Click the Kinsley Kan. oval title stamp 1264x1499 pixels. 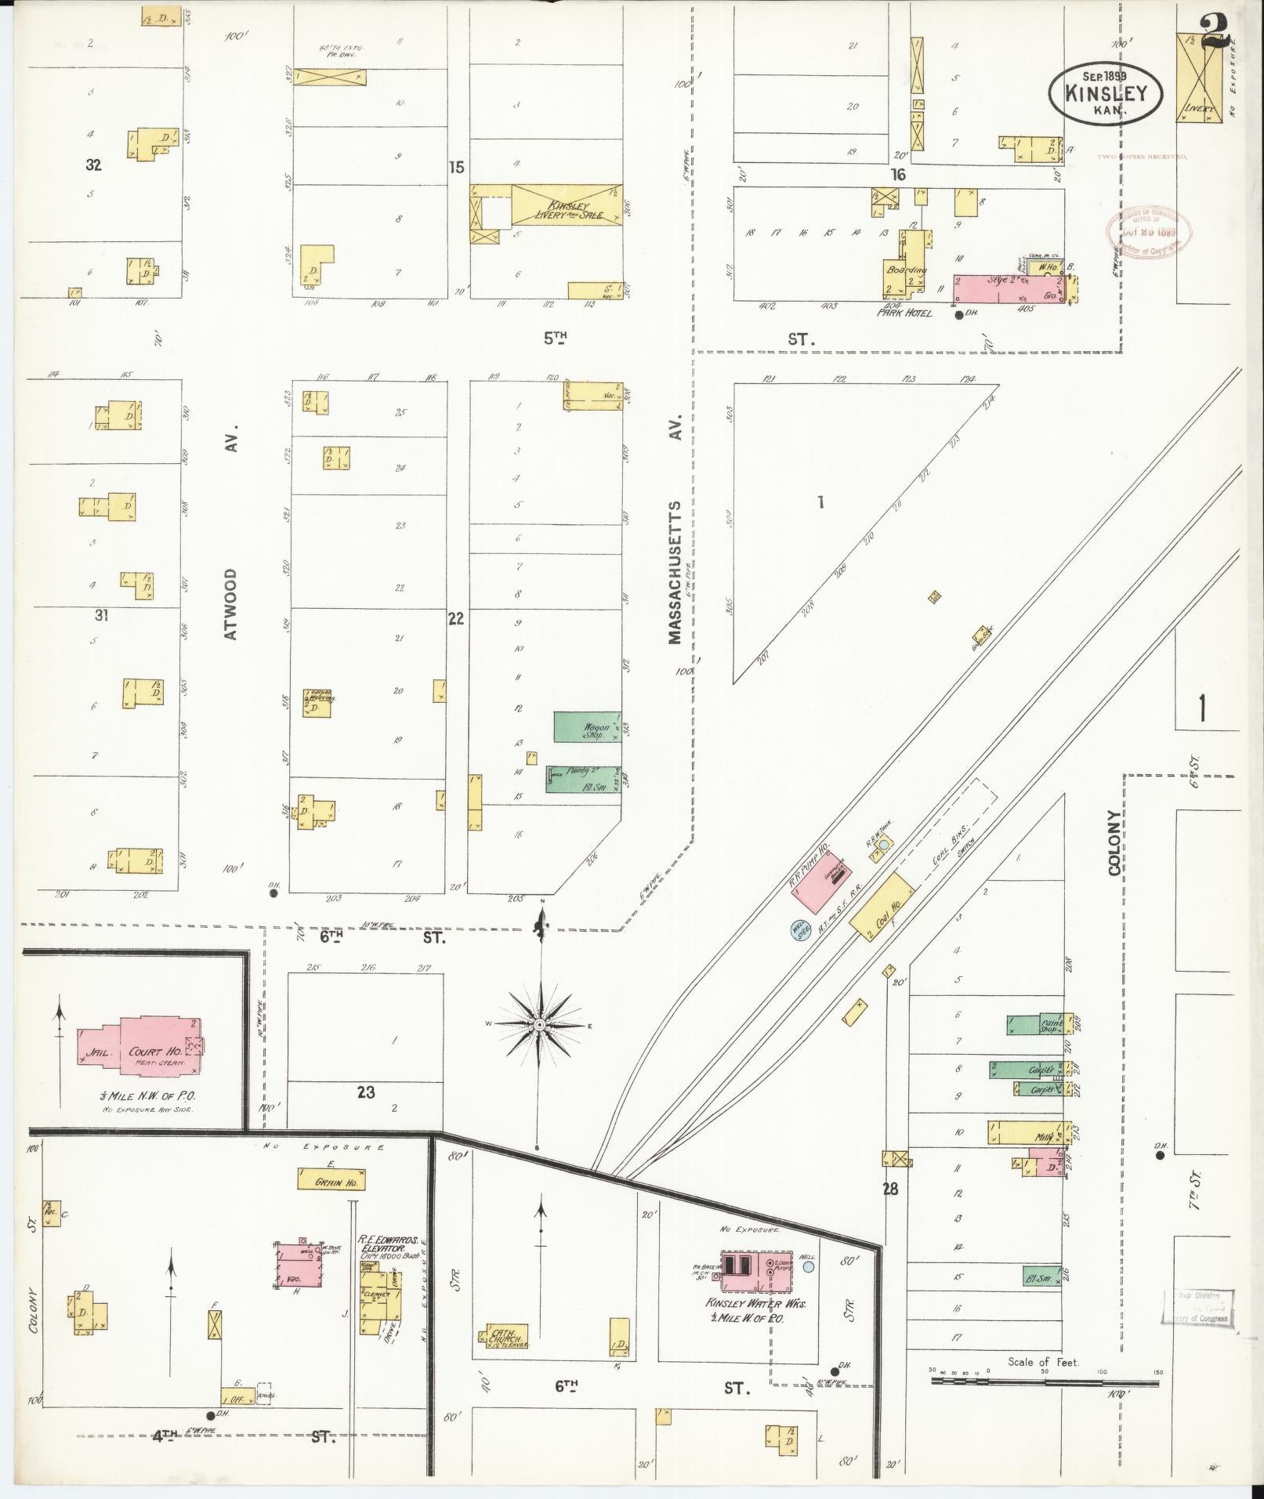1105,93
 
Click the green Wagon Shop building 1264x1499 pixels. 587,726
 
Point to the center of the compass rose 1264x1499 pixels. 539,1024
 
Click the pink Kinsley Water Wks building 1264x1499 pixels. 756,1270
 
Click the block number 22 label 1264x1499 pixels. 455,618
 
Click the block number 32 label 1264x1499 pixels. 94,165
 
